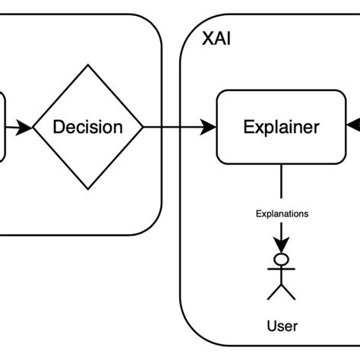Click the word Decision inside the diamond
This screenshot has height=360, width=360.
pyautogui.click(x=88, y=127)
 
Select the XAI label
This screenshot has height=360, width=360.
pyautogui.click(x=216, y=39)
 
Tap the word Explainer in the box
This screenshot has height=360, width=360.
pyautogui.click(x=281, y=128)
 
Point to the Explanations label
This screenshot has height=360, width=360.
pyautogui.click(x=282, y=214)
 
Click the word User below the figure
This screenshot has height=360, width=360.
pyautogui.click(x=283, y=326)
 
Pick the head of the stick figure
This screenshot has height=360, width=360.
pyautogui.click(x=281, y=259)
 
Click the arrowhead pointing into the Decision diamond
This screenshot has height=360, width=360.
pyautogui.click(x=24, y=128)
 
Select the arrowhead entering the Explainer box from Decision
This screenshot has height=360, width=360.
pyautogui.click(x=208, y=127)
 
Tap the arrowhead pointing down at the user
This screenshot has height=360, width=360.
pyautogui.click(x=281, y=245)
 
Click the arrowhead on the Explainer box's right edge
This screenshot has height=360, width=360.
pyautogui.click(x=353, y=125)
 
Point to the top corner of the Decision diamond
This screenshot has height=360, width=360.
pyautogui.click(x=88, y=65)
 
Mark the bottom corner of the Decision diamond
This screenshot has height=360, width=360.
pyautogui.click(x=88, y=189)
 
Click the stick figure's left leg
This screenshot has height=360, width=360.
pyautogui.click(x=274, y=292)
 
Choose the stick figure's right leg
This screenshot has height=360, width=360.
pyautogui.click(x=289, y=292)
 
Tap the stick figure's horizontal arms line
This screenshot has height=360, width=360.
pyautogui.click(x=281, y=269)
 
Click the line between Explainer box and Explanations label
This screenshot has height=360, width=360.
pyautogui.click(x=281, y=182)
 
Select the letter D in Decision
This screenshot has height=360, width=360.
pyautogui.click(x=58, y=127)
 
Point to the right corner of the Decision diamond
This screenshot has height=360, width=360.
pyautogui.click(x=143, y=127)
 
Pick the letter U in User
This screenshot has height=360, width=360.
pyautogui.click(x=271, y=326)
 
